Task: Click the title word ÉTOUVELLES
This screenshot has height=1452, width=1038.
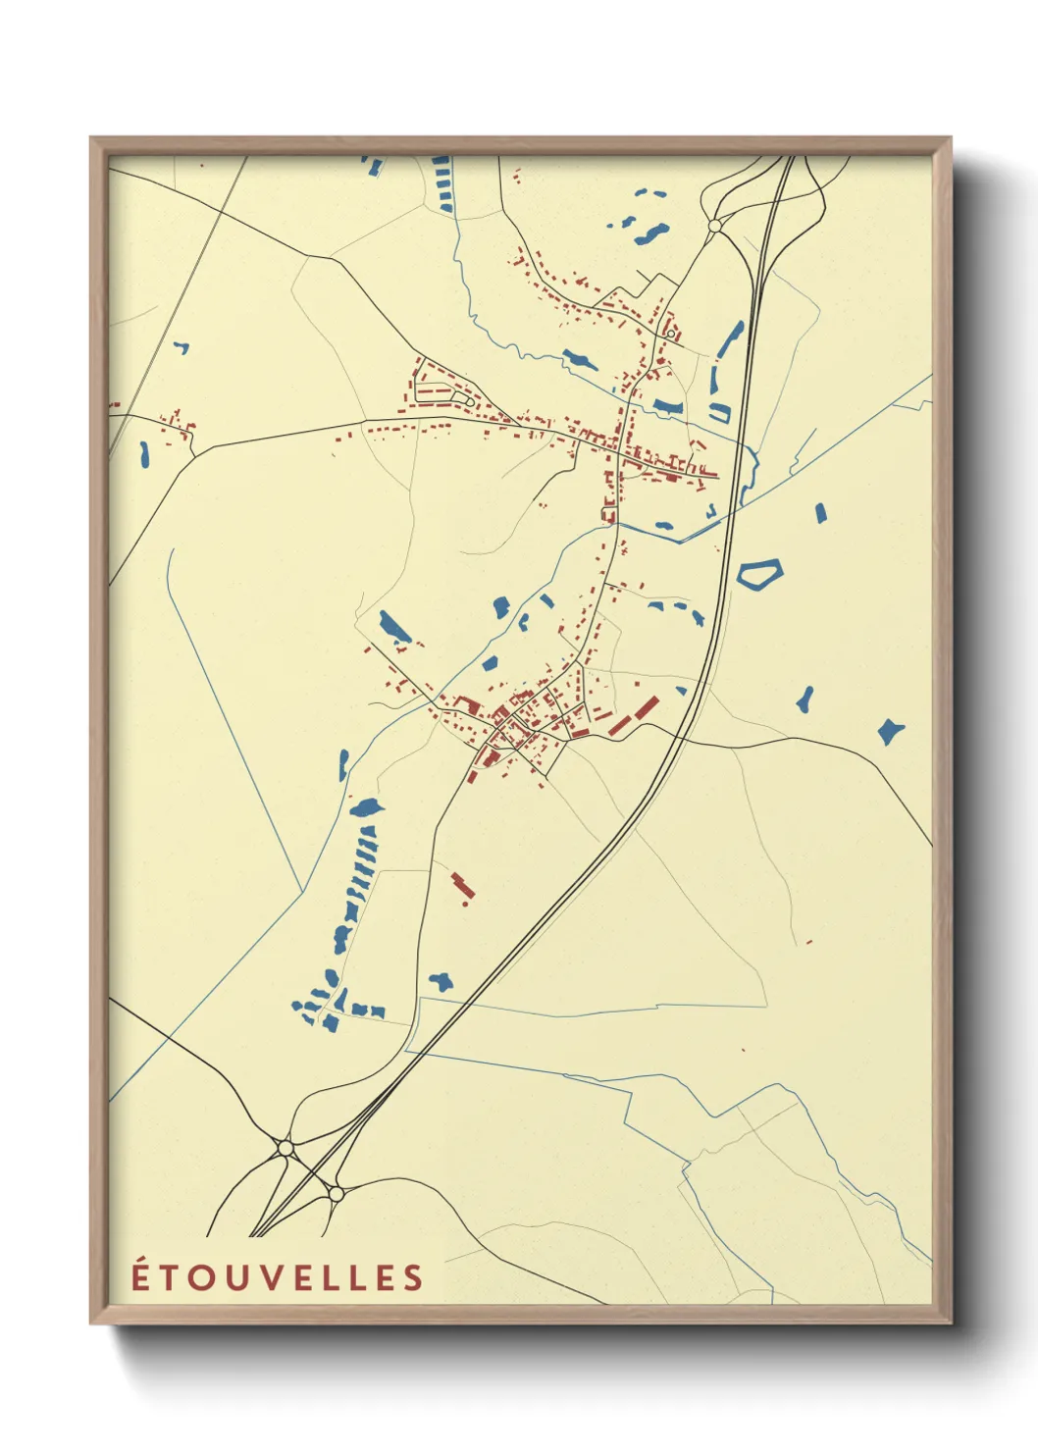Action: tap(278, 1277)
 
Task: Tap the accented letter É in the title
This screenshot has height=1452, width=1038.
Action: tap(142, 1276)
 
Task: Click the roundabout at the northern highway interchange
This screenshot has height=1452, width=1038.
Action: tap(714, 226)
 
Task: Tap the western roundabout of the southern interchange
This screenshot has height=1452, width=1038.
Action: tap(285, 1146)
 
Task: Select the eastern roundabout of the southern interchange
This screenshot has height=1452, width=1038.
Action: tap(336, 1194)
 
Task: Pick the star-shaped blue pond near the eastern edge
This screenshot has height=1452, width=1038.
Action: tap(890, 731)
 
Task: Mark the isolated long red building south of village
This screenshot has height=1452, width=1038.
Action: tap(462, 884)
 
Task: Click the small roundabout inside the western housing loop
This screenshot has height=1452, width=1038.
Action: tap(469, 402)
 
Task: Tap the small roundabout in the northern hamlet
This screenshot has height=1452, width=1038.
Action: tap(670, 334)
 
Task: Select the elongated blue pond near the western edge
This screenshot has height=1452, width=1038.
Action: tap(145, 453)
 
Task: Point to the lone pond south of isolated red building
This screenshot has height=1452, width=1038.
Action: tap(441, 980)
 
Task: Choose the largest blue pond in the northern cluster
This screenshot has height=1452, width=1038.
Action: tap(651, 233)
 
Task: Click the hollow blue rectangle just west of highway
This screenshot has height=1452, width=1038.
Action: tap(720, 412)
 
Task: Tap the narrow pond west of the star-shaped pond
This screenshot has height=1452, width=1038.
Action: tap(804, 699)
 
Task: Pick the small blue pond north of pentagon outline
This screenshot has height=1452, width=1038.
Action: tap(820, 511)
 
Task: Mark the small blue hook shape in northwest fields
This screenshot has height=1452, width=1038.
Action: tap(181, 347)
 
